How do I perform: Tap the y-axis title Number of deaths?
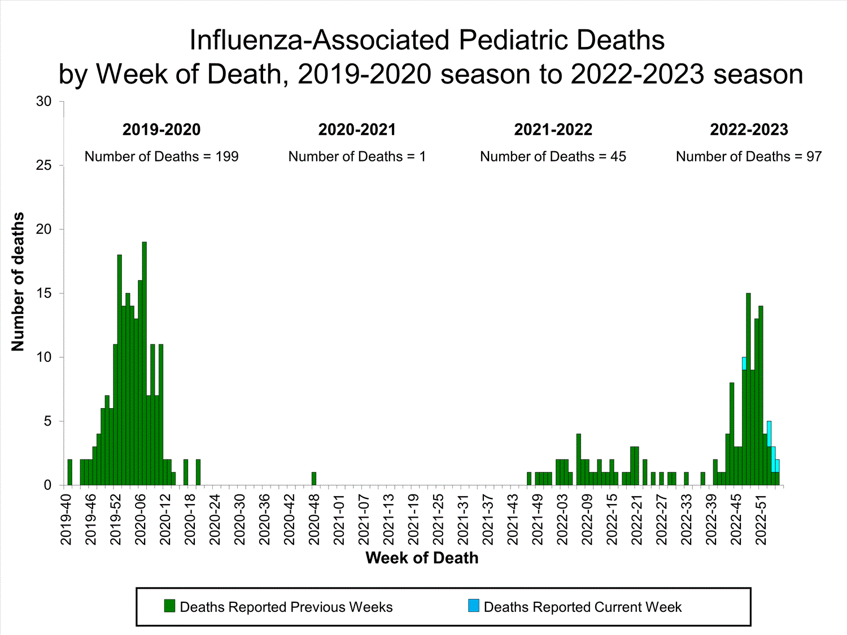pos(18,282)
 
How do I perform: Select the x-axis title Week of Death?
pos(422,558)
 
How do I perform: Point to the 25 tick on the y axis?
pos(44,165)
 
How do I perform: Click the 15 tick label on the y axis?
pos(44,294)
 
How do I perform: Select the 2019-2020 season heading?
pos(161,130)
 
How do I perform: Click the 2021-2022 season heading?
pos(553,130)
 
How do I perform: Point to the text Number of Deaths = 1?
pos(357,157)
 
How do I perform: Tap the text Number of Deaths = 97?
pos(749,157)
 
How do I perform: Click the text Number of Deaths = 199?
pos(161,157)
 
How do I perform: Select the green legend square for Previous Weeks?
pos(169,606)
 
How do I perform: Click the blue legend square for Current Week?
pos(473,606)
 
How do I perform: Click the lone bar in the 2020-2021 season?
pos(314,479)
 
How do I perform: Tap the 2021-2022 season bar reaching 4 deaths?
pos(579,460)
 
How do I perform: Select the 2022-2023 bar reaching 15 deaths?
pos(748,389)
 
